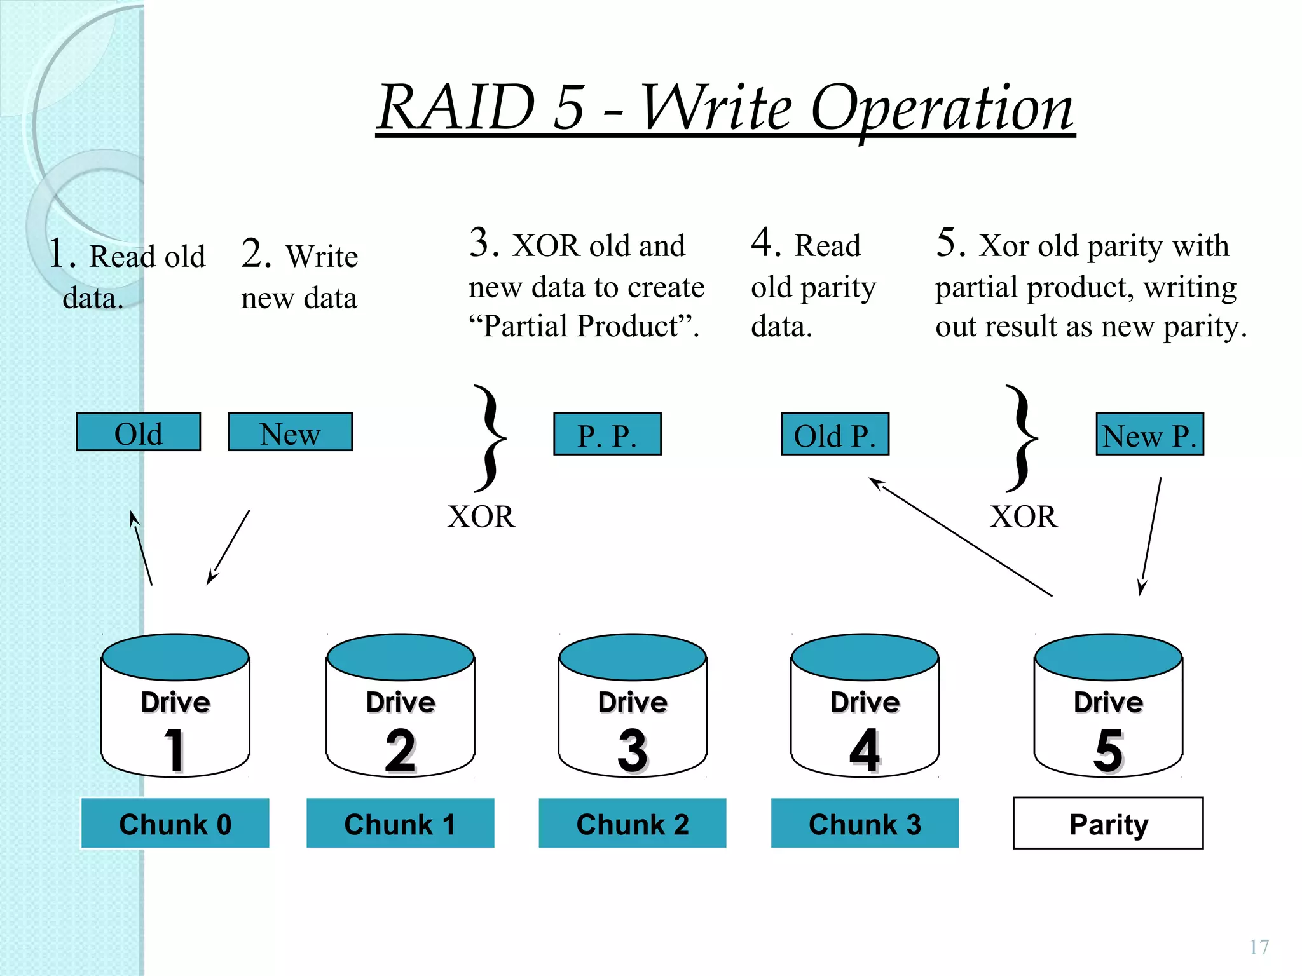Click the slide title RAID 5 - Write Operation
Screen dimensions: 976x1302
[725, 108]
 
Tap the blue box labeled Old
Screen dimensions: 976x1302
[138, 433]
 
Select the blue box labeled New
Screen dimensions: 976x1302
[290, 433]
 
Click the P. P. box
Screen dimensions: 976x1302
[607, 435]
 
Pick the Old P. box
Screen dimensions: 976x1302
[835, 435]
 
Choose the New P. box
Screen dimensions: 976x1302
[1149, 435]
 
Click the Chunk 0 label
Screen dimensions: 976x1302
[175, 823]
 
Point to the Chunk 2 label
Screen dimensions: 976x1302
[633, 823]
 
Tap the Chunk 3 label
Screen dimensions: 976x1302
[865, 823]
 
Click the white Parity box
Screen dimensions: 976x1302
[1108, 823]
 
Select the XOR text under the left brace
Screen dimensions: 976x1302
[481, 517]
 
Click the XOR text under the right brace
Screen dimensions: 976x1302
[1024, 517]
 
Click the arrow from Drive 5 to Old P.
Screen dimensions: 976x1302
[960, 537]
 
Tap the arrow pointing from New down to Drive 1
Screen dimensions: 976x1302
[229, 546]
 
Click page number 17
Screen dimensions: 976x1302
[1259, 947]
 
